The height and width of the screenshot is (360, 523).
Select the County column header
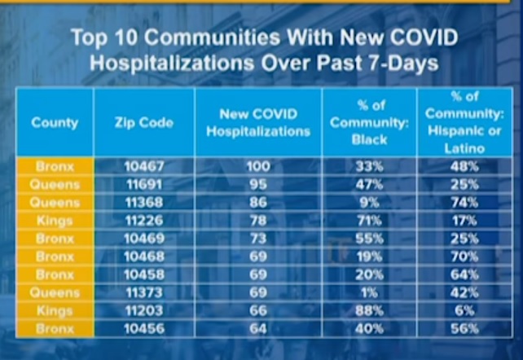point(55,123)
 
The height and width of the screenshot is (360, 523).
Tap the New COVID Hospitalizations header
point(258,123)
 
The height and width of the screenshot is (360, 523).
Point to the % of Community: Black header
point(369,123)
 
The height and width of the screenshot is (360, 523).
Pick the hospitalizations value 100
point(258,166)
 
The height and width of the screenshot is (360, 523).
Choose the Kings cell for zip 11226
point(55,220)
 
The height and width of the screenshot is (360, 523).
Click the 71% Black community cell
point(369,220)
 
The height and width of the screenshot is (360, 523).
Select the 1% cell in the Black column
point(369,292)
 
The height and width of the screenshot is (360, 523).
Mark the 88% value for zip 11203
point(369,310)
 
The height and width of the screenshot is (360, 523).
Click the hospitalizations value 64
point(258,328)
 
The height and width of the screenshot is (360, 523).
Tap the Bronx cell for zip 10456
point(55,328)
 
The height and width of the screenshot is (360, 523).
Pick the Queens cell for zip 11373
point(55,292)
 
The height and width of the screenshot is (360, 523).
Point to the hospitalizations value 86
point(258,202)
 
